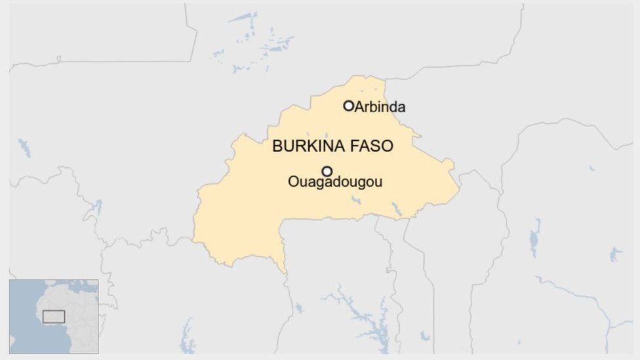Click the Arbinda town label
click(380, 107)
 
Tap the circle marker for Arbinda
click(349, 106)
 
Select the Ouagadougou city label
click(334, 182)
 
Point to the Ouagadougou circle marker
click(327, 171)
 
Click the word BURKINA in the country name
click(302, 146)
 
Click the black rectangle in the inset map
click(54, 317)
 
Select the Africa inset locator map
click(54, 317)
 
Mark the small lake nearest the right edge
click(615, 254)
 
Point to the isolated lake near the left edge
click(24, 148)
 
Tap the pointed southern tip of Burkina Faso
click(285, 271)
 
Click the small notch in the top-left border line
click(58, 60)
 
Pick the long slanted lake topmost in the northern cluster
click(243, 18)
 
